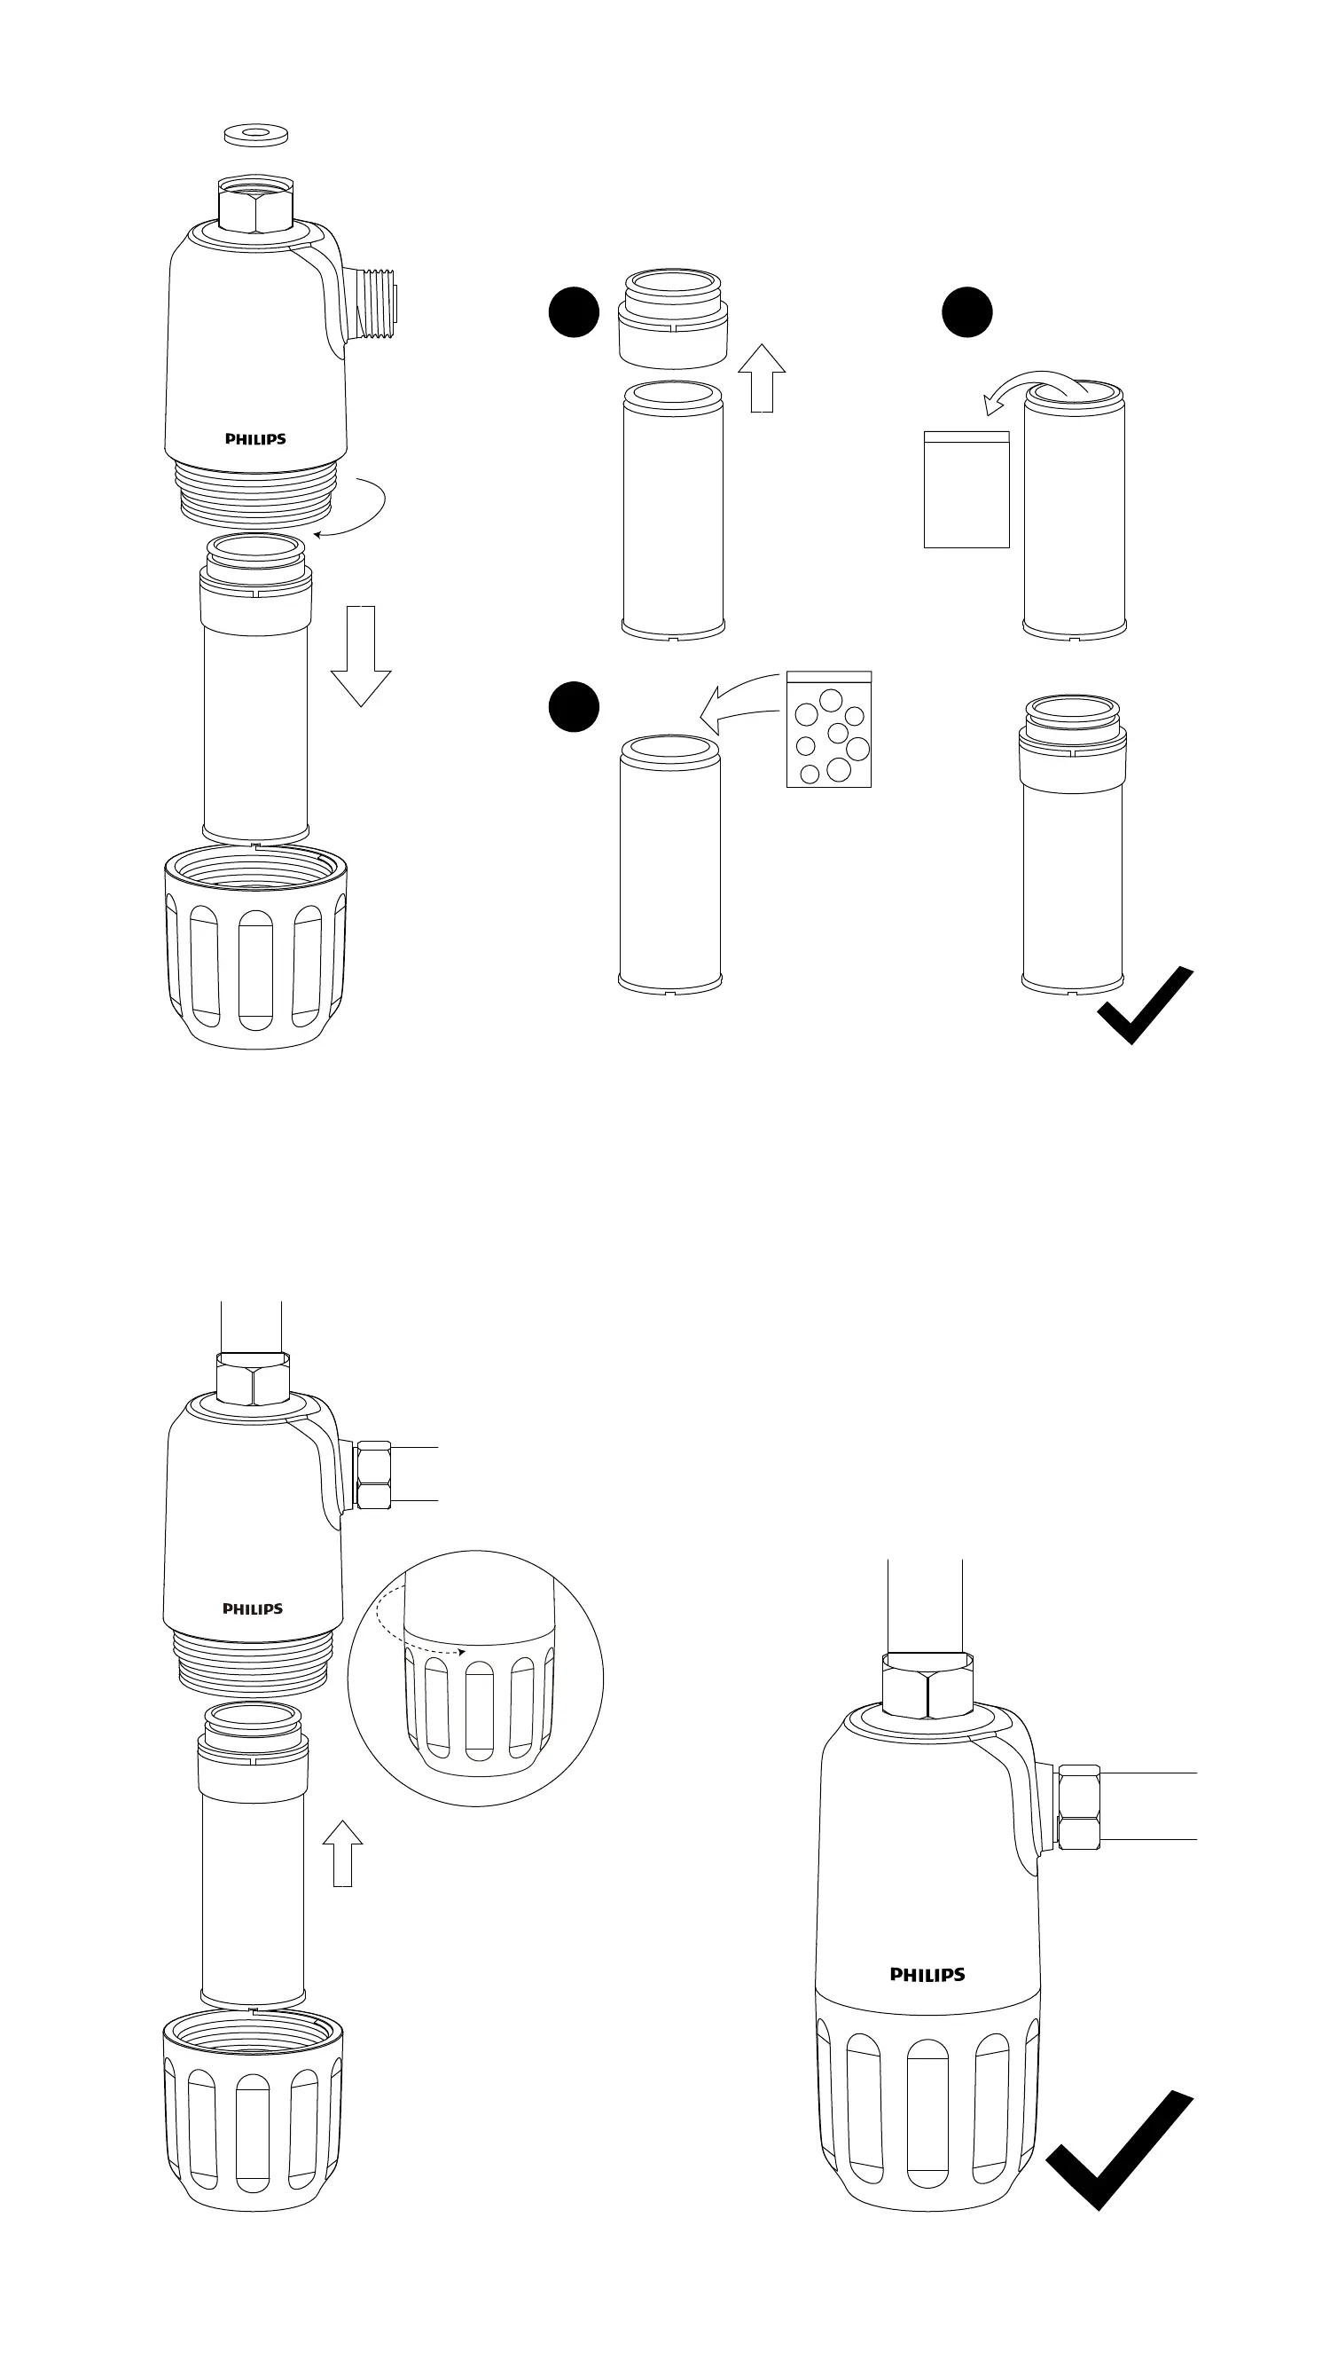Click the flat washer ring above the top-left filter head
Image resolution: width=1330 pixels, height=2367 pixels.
(x=256, y=134)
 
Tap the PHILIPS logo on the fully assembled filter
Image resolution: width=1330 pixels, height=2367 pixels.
(x=927, y=1974)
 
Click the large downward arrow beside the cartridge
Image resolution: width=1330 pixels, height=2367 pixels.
(x=361, y=657)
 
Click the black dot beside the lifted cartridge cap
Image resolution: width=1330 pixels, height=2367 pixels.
(x=573, y=312)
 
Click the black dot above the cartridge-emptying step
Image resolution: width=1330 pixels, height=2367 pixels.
(x=966, y=312)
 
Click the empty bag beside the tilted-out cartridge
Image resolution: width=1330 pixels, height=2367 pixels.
(x=966, y=489)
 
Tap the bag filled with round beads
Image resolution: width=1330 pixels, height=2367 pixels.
(x=828, y=729)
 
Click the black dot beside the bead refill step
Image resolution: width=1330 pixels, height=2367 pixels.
(x=573, y=706)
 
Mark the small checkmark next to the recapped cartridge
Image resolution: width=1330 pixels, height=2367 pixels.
(x=1144, y=1006)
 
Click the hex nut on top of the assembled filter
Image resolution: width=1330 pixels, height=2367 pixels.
(x=927, y=1683)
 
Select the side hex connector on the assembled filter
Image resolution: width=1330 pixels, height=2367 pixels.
(x=1078, y=1806)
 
